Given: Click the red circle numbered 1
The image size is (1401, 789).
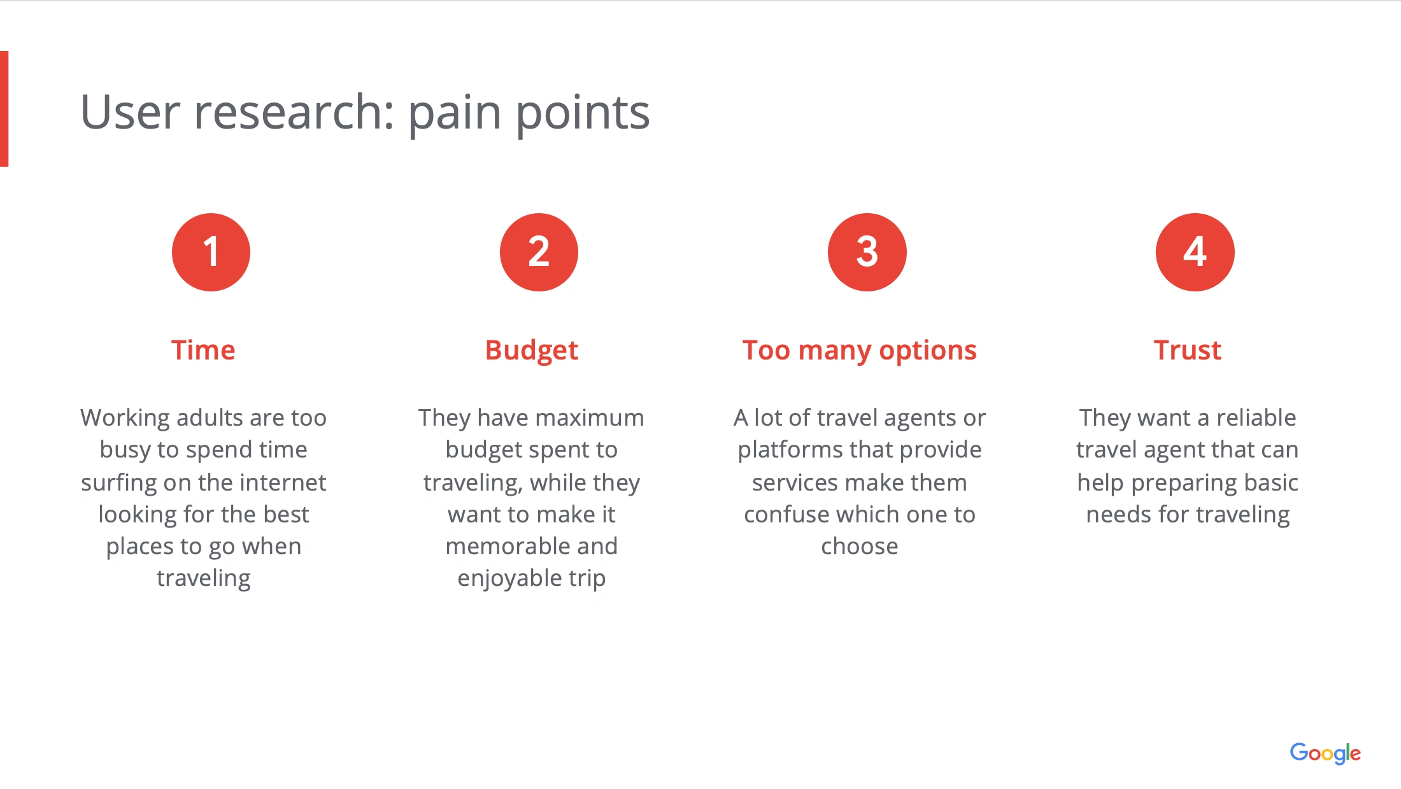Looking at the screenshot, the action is point(211,252).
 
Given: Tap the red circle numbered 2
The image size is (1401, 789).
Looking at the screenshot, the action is point(539,252).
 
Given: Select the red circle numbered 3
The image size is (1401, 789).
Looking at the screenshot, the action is point(867,252).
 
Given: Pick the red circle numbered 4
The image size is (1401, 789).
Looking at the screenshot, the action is point(1195,252).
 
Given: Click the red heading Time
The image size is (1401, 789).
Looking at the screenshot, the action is point(203,350).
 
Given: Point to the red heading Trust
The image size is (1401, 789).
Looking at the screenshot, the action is point(1188,350).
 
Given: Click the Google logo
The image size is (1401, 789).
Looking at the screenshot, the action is point(1325,753).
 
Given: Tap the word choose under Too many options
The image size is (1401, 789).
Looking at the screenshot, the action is point(860,546).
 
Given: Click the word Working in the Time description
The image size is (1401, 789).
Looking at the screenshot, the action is point(125,419).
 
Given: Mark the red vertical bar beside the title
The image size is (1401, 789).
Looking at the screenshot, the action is point(4,109).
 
